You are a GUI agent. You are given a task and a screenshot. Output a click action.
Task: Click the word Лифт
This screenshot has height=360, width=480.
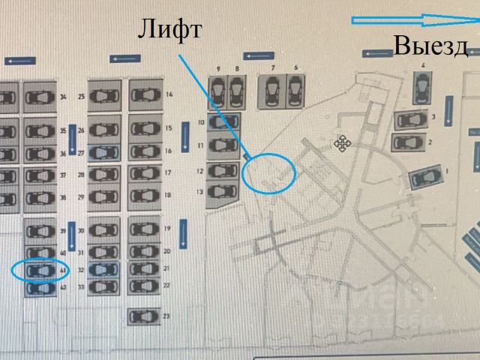pyautogui.click(x=169, y=29)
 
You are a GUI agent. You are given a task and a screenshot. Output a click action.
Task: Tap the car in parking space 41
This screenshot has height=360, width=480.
pyautogui.click(x=40, y=269)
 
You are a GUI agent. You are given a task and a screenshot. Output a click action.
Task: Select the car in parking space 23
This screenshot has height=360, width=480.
pyautogui.click(x=143, y=316)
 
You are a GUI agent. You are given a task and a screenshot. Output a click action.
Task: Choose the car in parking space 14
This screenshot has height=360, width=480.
pyautogui.click(x=145, y=95)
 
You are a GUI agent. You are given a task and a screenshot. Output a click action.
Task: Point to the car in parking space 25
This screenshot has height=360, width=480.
pyautogui.click(x=103, y=96)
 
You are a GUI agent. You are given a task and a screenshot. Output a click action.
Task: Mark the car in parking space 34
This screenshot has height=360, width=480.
pyautogui.click(x=39, y=96)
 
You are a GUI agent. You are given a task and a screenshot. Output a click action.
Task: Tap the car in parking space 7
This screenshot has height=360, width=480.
pyautogui.click(x=273, y=91)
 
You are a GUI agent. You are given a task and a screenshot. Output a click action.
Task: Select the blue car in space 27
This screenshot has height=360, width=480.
pyautogui.click(x=103, y=152)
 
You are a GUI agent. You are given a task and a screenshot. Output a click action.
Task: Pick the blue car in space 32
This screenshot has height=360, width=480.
pyautogui.click(x=103, y=269)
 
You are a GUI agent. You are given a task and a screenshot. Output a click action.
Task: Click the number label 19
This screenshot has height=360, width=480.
pyautogui.click(x=167, y=228)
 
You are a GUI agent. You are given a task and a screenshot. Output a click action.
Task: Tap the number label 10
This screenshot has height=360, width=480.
pyautogui.click(x=201, y=121)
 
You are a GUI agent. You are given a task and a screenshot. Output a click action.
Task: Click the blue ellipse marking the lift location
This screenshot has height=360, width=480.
pyautogui.click(x=270, y=172)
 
